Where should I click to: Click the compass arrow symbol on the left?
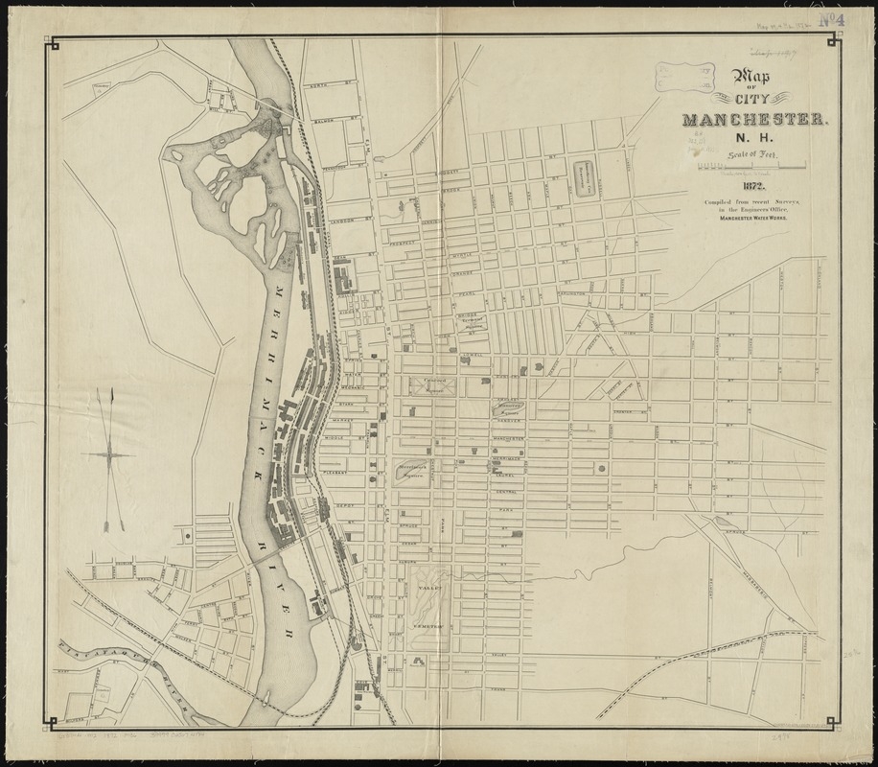coord(113,451)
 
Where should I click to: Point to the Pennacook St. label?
coord(341,167)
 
